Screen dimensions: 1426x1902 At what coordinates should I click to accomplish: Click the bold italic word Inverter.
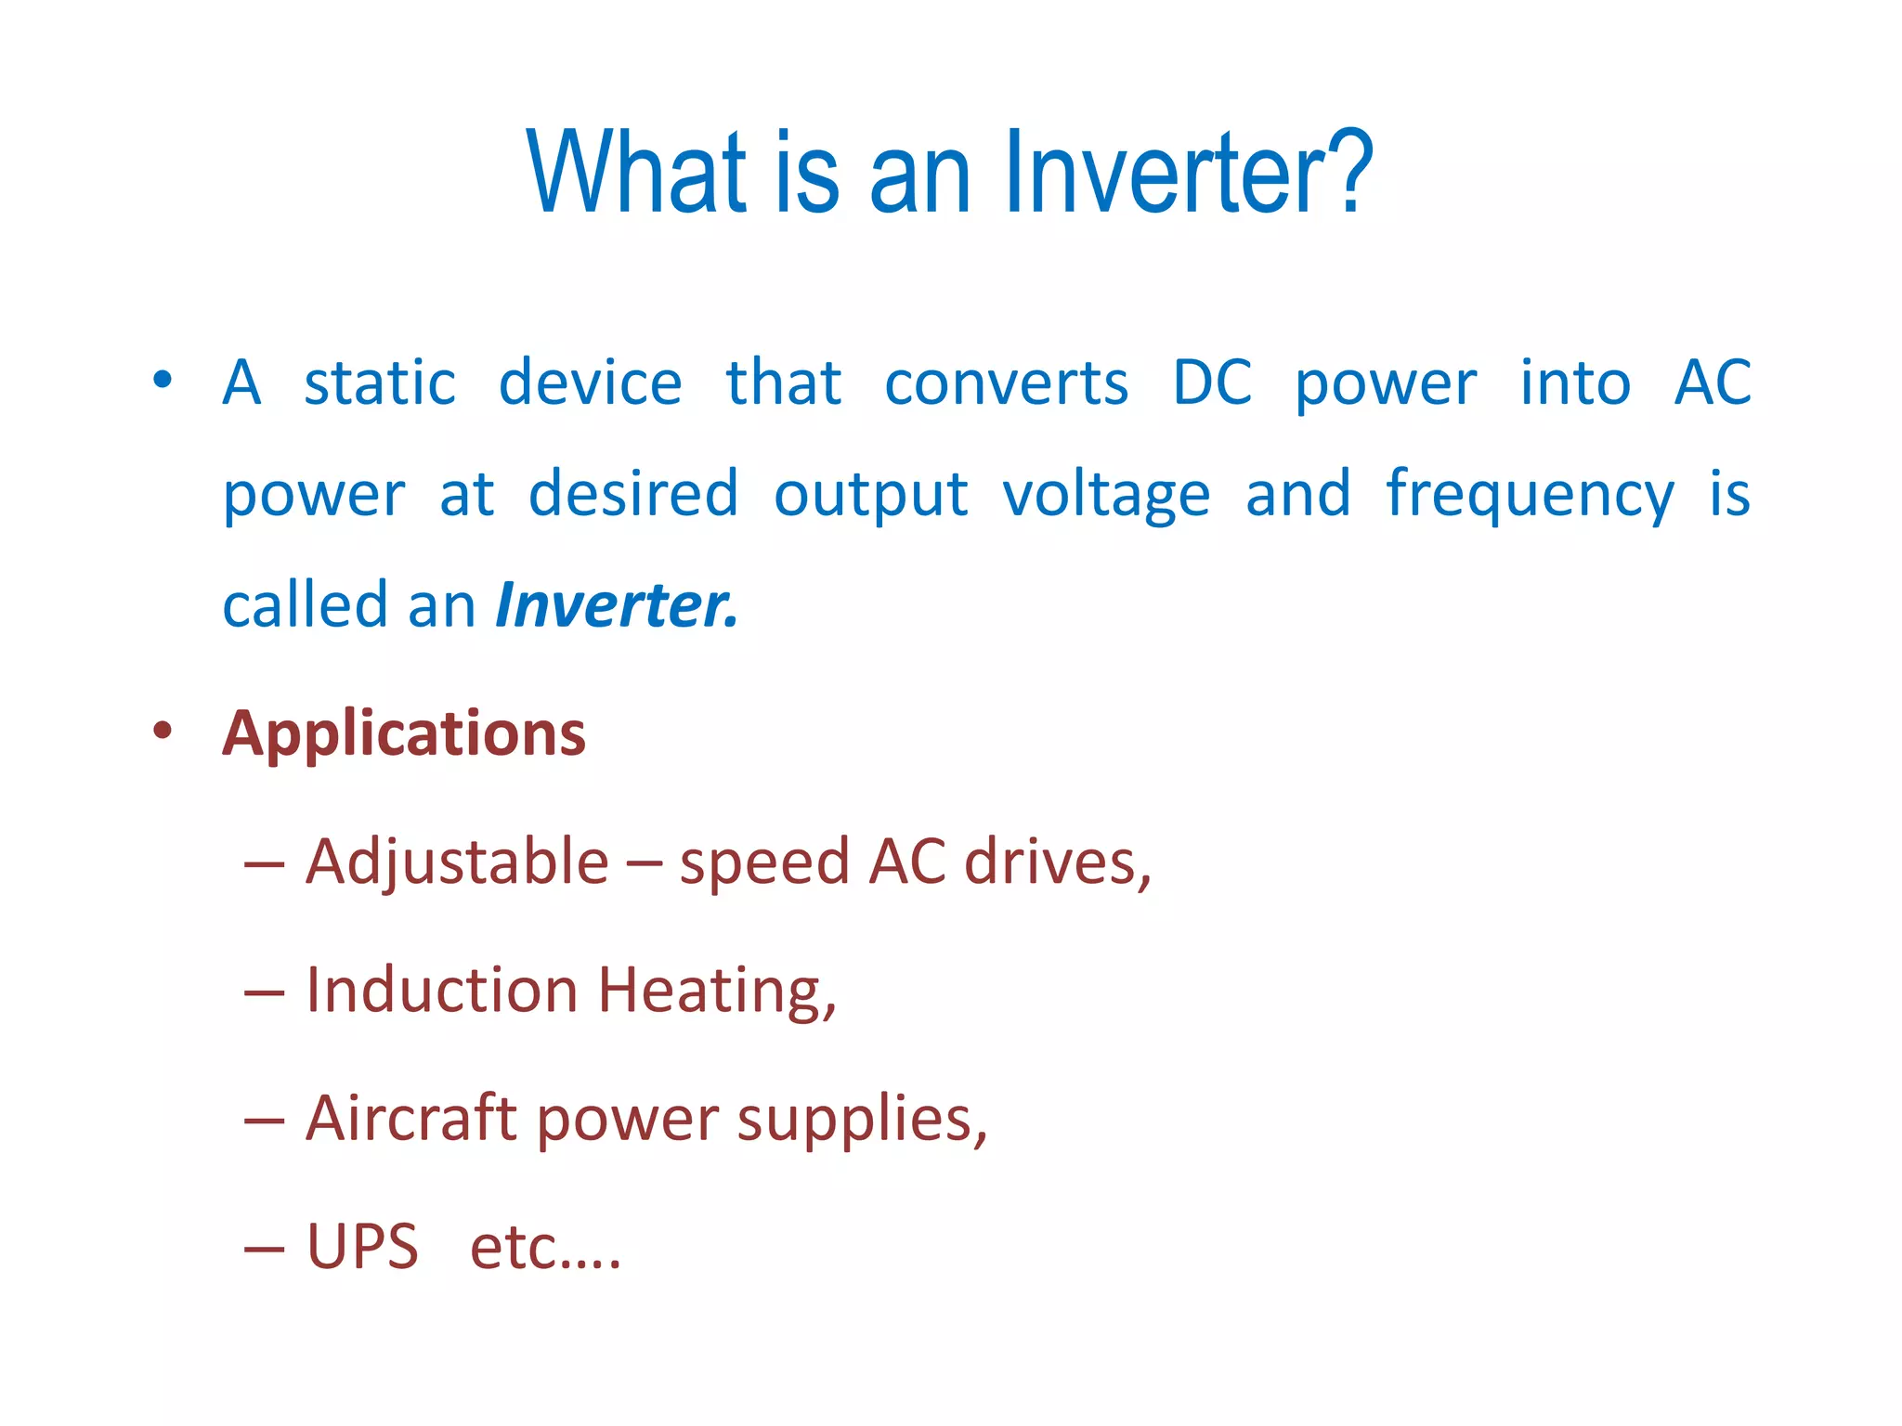[x=617, y=605]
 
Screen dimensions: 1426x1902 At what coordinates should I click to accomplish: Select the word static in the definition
[x=380, y=382]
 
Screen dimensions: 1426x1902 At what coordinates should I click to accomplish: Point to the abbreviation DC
[x=1212, y=382]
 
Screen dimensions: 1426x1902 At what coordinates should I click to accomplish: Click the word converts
[x=1006, y=384]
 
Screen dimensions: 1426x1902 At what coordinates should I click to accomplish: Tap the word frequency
[x=1530, y=496]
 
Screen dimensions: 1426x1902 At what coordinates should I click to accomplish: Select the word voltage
[x=1106, y=496]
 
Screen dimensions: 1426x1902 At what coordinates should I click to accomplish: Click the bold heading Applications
[x=404, y=734]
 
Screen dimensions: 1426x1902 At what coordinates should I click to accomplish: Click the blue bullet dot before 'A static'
[x=163, y=379]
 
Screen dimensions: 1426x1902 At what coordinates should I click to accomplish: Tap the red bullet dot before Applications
[x=163, y=731]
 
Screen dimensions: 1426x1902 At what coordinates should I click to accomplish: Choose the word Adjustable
[x=457, y=862]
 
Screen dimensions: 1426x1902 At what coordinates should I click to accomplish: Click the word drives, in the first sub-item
[x=1058, y=862]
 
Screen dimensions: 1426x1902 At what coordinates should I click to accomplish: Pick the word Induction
[x=442, y=990]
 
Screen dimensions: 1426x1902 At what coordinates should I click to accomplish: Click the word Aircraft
[x=410, y=1118]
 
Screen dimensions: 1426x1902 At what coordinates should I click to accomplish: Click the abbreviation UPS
[x=362, y=1247]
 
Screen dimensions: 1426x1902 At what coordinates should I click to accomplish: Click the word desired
[x=633, y=494]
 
